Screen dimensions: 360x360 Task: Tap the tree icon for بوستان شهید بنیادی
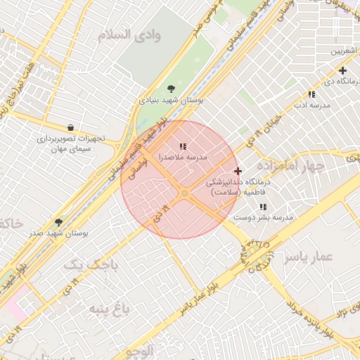pos(172,89)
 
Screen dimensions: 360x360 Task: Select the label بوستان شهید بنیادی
pos(172,101)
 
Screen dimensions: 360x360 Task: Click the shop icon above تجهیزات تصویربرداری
pos(70,127)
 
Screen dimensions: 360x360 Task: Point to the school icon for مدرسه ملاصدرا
pos(183,146)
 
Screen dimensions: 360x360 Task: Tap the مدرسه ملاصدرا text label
pos(183,157)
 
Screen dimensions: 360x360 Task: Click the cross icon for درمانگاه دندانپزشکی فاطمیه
pos(238,171)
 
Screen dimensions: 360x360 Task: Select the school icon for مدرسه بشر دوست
pos(263,207)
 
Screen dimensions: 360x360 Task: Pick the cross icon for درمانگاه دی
pos(342,70)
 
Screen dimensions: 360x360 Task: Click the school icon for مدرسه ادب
pos(311,94)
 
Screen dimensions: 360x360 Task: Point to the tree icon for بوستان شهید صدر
pos(58,221)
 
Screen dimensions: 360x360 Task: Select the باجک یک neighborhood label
pos(87,264)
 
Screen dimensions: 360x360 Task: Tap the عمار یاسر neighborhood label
pos(307,257)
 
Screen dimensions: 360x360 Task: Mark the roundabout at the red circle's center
pos(184,193)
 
